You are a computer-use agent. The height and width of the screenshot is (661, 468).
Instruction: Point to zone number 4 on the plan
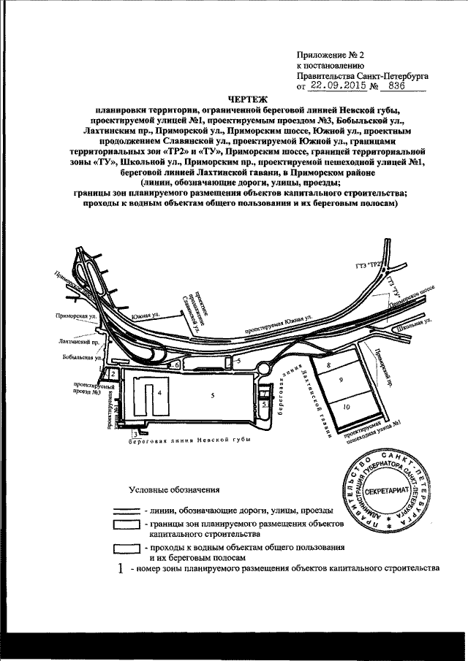click(158, 391)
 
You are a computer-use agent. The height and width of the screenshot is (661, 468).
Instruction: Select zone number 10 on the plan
click(346, 406)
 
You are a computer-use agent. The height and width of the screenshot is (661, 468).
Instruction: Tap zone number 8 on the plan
click(329, 363)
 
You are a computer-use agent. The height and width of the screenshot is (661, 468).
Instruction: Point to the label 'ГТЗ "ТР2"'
click(377, 267)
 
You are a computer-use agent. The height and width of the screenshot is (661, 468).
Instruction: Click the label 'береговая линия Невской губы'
click(190, 440)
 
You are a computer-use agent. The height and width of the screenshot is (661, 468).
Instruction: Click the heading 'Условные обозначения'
click(173, 489)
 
